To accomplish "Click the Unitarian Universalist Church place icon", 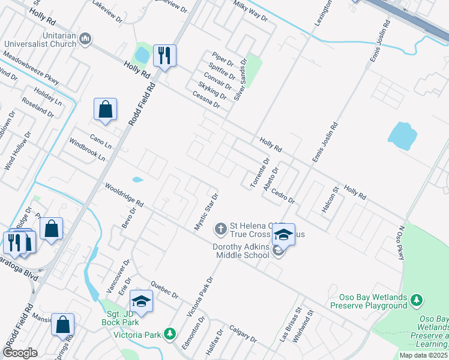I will [85, 40].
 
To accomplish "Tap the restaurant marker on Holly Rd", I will [164, 56].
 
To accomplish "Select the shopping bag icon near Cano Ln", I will [105, 110].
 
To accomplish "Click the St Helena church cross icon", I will [220, 228].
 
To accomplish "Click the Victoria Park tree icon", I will [170, 334].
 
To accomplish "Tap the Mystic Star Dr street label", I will [205, 212].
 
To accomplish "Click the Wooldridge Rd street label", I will [124, 195].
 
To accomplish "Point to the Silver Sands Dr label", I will [240, 79].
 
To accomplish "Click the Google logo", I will [20, 353].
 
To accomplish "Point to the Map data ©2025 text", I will [424, 355].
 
